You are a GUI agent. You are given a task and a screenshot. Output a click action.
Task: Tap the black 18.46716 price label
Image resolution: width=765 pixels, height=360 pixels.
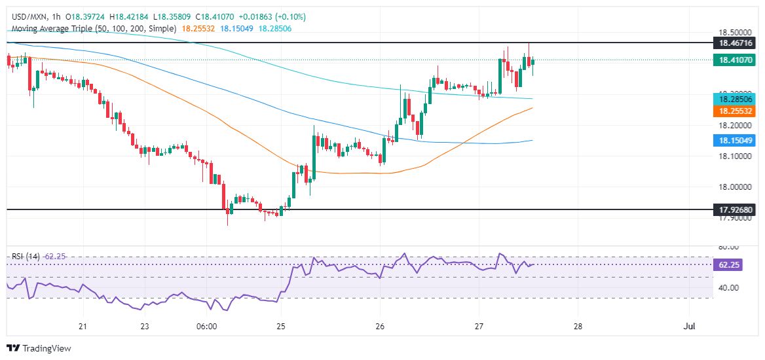point(737,42)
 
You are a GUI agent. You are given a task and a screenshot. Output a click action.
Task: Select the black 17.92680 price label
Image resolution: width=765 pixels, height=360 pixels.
point(737,210)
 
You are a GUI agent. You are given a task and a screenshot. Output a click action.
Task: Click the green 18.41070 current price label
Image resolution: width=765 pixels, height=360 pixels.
point(737,60)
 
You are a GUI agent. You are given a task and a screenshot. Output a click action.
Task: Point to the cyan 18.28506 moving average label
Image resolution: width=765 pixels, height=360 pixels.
point(737,99)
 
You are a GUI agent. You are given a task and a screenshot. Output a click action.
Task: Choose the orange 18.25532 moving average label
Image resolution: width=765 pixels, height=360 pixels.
point(737,112)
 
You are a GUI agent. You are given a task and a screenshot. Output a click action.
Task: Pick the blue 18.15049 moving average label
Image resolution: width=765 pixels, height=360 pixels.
point(737,141)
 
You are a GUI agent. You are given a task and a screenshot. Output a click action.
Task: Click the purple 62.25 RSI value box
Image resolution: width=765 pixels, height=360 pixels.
point(737,264)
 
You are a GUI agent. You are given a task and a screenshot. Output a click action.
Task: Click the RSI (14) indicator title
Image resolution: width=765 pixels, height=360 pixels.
point(26,256)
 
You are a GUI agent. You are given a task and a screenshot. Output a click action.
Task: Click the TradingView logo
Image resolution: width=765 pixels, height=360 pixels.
point(39,348)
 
